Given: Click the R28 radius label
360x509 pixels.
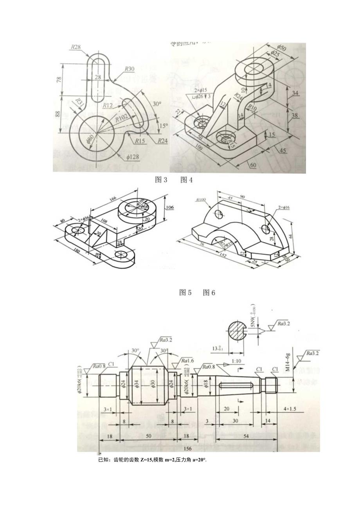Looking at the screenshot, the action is pyautogui.click(x=76, y=47).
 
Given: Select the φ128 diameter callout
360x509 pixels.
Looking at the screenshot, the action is pyautogui.click(x=133, y=156).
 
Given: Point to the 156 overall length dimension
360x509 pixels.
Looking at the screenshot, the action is pyautogui.click(x=188, y=448).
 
